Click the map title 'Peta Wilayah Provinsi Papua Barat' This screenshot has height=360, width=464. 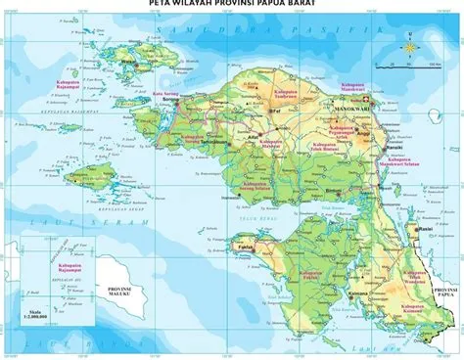click(x=232, y=5)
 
